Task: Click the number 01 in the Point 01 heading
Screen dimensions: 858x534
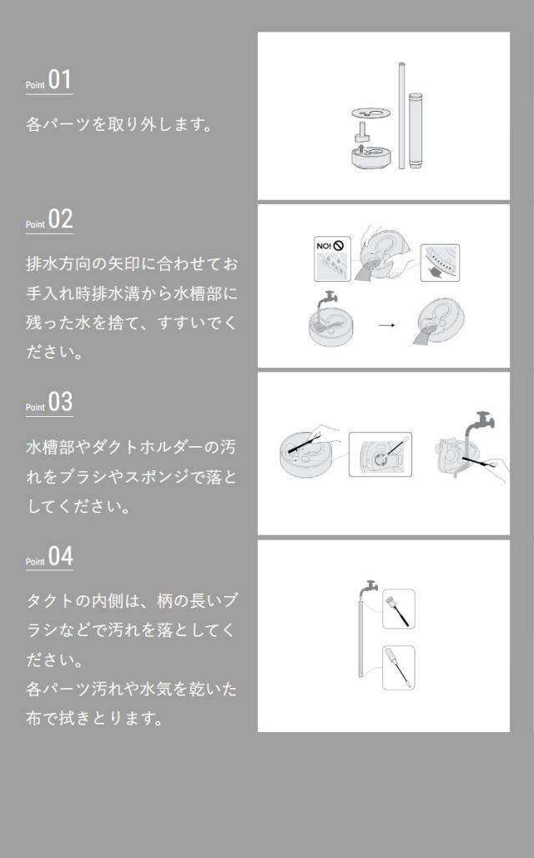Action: click(60, 81)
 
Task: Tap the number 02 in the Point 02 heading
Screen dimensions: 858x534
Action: click(61, 220)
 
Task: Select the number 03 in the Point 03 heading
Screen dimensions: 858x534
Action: click(61, 402)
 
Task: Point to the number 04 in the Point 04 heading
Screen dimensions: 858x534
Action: click(61, 556)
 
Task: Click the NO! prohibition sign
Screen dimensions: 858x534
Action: click(332, 246)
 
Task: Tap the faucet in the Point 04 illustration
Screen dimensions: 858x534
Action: click(365, 589)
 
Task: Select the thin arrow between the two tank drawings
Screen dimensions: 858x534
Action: click(385, 324)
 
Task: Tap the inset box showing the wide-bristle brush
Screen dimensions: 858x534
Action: click(399, 609)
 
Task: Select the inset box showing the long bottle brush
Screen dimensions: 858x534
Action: click(398, 667)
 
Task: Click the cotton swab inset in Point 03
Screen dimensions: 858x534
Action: click(380, 454)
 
